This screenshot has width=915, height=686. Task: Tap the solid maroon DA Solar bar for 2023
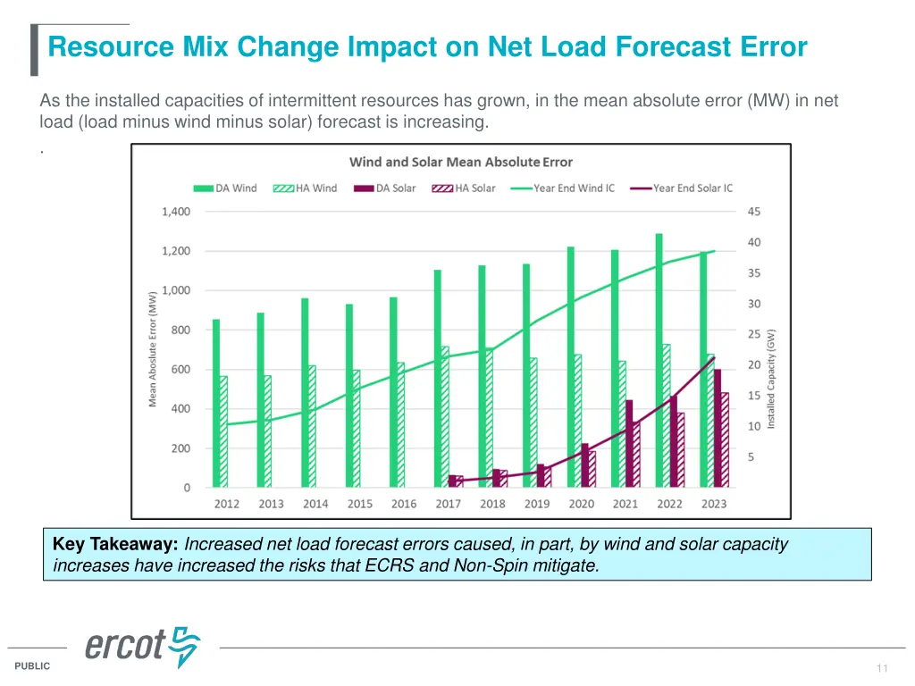click(x=718, y=428)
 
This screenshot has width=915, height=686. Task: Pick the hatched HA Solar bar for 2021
click(x=636, y=455)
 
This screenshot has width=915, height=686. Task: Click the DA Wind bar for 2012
click(x=216, y=403)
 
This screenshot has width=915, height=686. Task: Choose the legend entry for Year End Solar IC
click(x=683, y=188)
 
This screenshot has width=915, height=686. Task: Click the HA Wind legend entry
click(x=305, y=188)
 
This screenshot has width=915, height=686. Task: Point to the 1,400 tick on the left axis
click(x=175, y=212)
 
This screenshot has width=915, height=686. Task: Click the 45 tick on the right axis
click(x=754, y=212)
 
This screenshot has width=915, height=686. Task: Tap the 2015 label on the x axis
click(x=359, y=504)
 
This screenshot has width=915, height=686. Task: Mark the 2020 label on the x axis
click(x=581, y=504)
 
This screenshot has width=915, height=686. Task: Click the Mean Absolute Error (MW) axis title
click(x=153, y=348)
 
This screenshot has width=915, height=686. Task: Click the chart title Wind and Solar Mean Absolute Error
click(x=460, y=162)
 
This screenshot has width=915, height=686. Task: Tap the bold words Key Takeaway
click(x=116, y=544)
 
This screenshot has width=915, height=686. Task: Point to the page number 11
click(x=883, y=668)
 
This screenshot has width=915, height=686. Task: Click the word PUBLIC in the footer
click(x=33, y=666)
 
